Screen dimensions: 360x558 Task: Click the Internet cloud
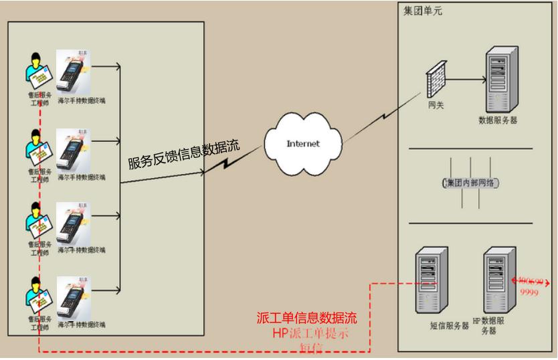(303, 143)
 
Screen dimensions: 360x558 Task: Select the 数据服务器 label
(498, 120)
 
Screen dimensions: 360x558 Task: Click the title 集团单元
(423, 11)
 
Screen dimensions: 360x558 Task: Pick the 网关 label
(436, 106)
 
